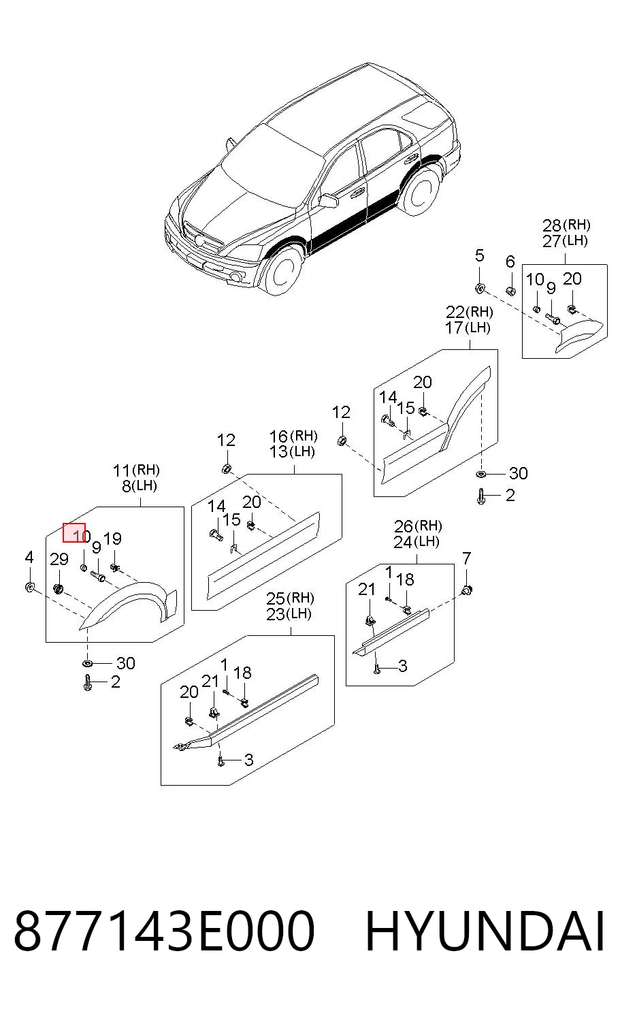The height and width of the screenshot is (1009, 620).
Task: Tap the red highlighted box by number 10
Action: pos(74,533)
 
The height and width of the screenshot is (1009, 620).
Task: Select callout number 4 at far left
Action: pos(29,558)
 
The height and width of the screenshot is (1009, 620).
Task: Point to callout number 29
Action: pos(59,560)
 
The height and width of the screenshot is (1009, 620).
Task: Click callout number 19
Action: pos(112,539)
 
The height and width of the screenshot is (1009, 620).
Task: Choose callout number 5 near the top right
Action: pos(480,255)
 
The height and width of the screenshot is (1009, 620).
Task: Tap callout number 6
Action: pos(510,261)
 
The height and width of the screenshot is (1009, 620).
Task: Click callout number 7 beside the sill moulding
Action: pos(466,558)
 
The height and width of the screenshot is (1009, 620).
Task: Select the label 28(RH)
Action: pos(566,225)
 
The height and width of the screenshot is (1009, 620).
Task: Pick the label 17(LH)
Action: pos(468,327)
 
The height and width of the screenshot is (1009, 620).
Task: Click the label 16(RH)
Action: pos(293,436)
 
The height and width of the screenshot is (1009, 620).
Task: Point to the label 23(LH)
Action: pos(289,614)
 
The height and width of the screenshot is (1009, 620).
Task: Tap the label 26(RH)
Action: pos(418,526)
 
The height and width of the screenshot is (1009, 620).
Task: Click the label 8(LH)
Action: pos(140,486)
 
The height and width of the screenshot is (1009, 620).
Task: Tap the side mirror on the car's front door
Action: pos(329,200)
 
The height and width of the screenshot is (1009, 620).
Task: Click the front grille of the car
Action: pos(203,237)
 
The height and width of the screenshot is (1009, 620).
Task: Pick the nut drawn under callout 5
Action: pos(480,287)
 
